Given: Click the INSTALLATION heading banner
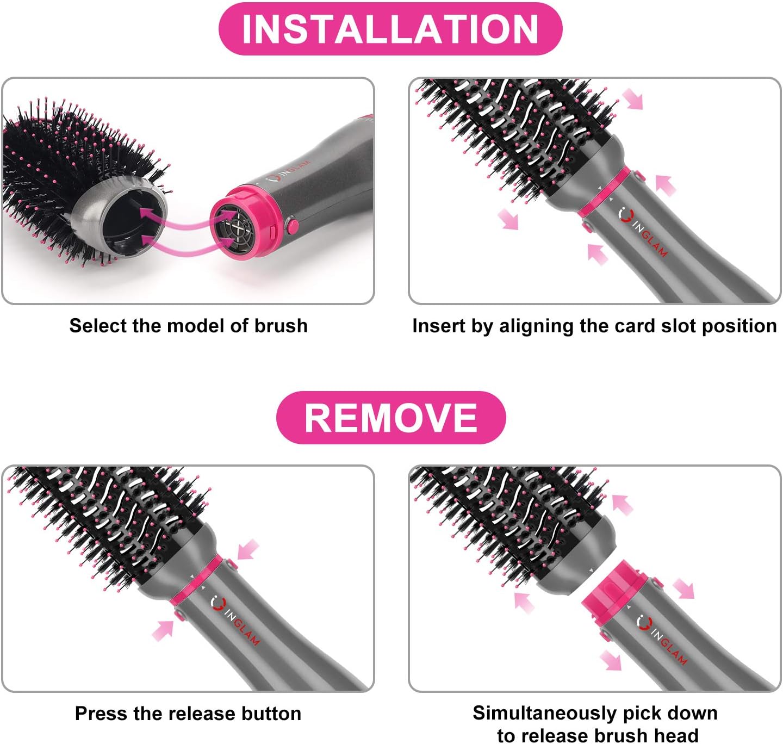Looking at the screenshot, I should click(390, 29).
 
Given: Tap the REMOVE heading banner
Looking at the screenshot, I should click(390, 417).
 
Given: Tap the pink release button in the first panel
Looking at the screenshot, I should click(292, 225).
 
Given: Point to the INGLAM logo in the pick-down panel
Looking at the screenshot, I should click(661, 639).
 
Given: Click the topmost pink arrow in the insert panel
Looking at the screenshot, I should click(632, 99).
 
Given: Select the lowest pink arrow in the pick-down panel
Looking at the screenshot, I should click(611, 660).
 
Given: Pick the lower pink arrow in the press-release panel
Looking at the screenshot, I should click(163, 630).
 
